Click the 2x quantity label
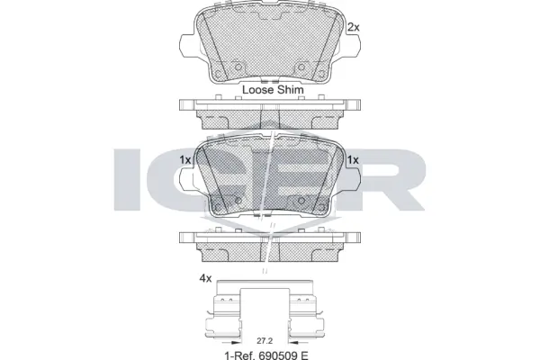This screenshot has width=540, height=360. click(353, 27)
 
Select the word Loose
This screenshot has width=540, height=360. click(259, 90)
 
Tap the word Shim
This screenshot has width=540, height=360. click(292, 90)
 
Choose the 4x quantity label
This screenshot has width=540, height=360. click(205, 278)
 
